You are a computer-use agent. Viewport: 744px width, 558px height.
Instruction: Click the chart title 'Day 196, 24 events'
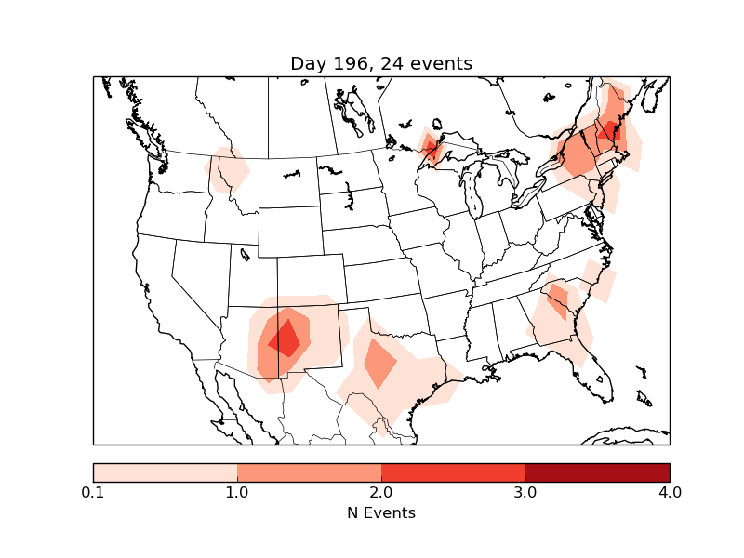381,63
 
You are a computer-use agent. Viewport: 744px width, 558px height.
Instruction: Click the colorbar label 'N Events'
381,512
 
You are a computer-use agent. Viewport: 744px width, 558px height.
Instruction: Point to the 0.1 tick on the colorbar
93,492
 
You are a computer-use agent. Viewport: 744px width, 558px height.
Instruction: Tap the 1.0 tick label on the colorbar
237,492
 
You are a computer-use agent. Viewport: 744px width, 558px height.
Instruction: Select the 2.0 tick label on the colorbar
381,492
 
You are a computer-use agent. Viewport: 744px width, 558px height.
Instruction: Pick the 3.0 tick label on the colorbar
525,492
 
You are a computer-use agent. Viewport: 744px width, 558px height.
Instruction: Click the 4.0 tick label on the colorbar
670,492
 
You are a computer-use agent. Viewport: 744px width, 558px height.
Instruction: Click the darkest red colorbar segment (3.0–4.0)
597,472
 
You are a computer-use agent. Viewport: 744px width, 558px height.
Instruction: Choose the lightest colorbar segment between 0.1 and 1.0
166,472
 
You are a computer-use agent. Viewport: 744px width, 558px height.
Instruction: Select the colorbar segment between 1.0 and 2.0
309,472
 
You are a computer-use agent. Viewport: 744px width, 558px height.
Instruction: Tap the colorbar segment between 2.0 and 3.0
453,472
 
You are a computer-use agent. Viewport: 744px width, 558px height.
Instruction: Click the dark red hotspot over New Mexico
286,339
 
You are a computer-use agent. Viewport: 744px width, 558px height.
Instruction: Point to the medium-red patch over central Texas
379,363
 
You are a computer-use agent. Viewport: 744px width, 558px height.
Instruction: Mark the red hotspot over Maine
610,130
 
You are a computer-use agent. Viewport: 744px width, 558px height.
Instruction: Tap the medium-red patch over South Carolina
559,299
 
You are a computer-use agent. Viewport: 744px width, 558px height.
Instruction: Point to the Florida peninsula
600,377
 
